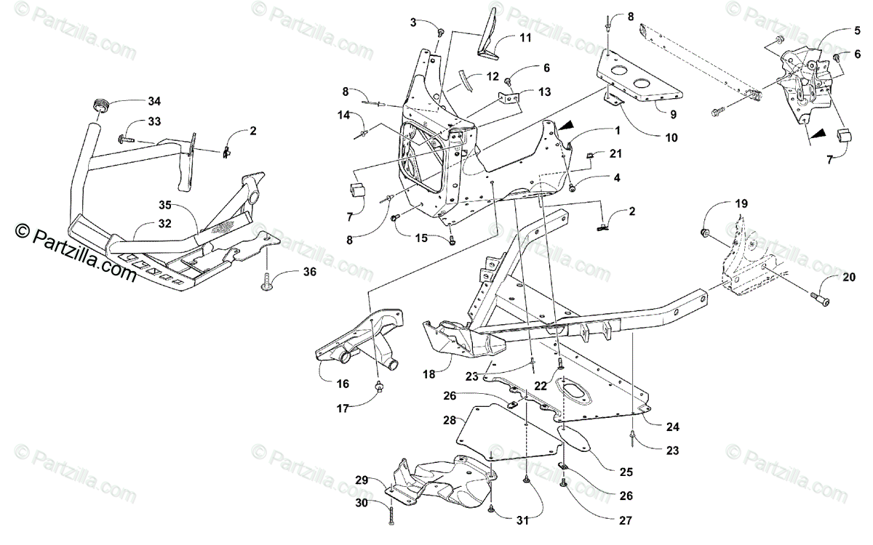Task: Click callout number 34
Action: click(x=154, y=100)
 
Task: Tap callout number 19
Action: click(x=741, y=204)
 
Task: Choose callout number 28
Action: click(x=450, y=421)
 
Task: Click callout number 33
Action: click(x=155, y=121)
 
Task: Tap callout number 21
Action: click(x=616, y=154)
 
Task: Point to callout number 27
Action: click(x=626, y=520)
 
